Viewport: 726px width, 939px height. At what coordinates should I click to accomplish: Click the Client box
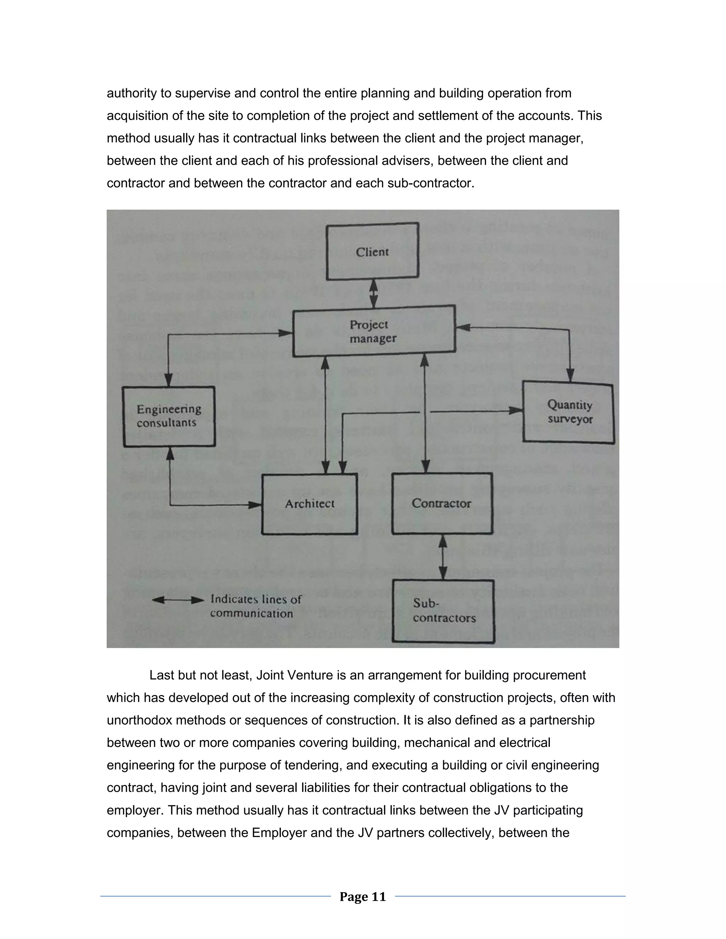[x=373, y=252]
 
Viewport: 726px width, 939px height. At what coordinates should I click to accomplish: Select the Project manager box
[x=373, y=331]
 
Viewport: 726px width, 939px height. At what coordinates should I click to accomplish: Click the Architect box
[x=310, y=504]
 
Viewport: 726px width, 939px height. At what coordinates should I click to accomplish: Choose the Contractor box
[x=442, y=504]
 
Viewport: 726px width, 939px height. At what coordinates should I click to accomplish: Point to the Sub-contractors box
[x=443, y=611]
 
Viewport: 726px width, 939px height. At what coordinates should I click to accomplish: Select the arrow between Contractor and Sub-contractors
[x=442, y=557]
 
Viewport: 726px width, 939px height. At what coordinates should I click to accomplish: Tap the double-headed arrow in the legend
[x=178, y=600]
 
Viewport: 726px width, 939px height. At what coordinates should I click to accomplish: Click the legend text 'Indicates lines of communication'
[x=256, y=606]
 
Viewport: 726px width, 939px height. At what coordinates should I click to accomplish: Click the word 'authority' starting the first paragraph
[x=132, y=93]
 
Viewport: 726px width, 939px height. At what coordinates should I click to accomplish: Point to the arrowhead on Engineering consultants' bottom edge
[x=170, y=453]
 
